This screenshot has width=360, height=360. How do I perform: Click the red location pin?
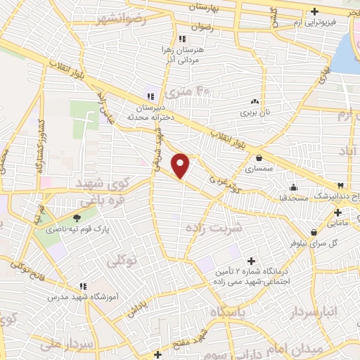[181, 165]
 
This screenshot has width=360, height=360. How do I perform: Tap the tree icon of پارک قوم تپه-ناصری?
[77, 218]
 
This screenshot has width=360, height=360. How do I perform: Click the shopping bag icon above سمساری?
[261, 157]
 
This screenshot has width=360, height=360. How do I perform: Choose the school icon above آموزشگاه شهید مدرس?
[83, 286]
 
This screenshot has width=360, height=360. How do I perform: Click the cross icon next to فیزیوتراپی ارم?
[315, 11]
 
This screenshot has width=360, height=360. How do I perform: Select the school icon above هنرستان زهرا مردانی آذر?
[182, 39]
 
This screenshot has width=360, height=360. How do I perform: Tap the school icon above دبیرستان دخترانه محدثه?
[150, 96]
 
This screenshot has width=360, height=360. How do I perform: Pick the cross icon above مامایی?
[337, 212]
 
